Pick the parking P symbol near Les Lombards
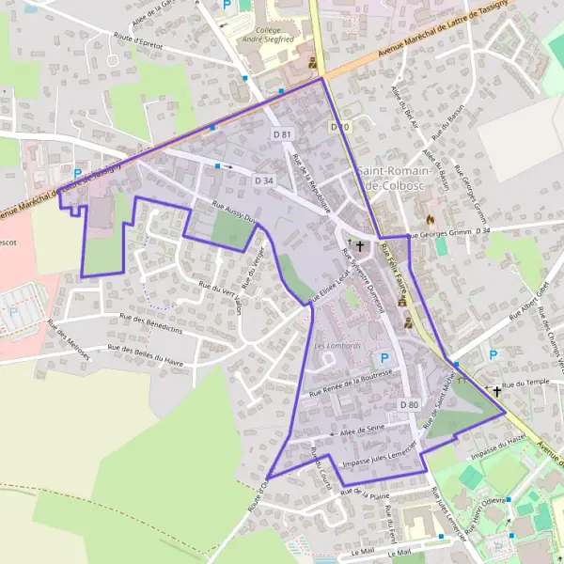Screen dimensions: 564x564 click(x=383, y=358)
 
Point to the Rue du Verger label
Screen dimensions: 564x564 click(x=253, y=267)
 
